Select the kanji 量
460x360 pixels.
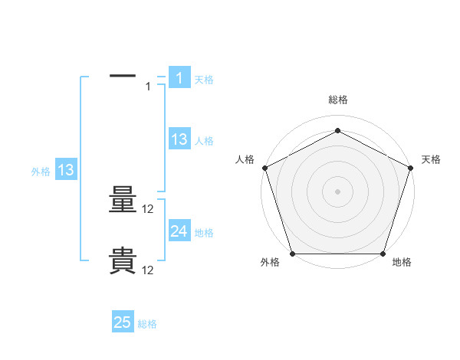[123, 202]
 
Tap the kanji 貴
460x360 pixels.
[123, 261]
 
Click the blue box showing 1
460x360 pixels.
[179, 77]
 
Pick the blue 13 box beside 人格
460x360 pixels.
[179, 139]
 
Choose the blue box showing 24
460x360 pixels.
[179, 231]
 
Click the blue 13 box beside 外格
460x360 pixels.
[66, 171]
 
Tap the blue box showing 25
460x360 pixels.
[123, 322]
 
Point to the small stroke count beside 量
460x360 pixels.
[149, 209]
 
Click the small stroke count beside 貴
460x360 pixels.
[149, 270]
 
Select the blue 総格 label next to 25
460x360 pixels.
[147, 324]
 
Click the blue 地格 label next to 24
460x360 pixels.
[204, 233]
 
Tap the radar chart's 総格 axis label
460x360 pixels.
[338, 100]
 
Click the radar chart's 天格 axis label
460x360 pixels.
[431, 159]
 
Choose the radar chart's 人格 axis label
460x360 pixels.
[245, 159]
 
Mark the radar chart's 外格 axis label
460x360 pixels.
[270, 263]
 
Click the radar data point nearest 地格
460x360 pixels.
[383, 254]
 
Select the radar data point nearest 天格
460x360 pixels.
[411, 167]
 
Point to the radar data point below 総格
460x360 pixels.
[338, 131]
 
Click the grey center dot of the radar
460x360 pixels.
[338, 191]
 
